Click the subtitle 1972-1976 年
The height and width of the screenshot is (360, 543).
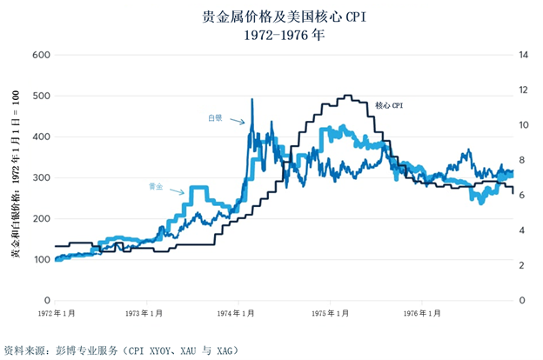point(271,36)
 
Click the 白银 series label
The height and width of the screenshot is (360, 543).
point(215,116)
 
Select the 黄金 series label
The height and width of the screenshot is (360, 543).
point(157,186)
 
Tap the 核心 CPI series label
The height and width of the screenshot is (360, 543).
point(389,105)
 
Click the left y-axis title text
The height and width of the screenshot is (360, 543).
point(15,177)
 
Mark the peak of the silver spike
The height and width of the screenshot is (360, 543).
point(252,99)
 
